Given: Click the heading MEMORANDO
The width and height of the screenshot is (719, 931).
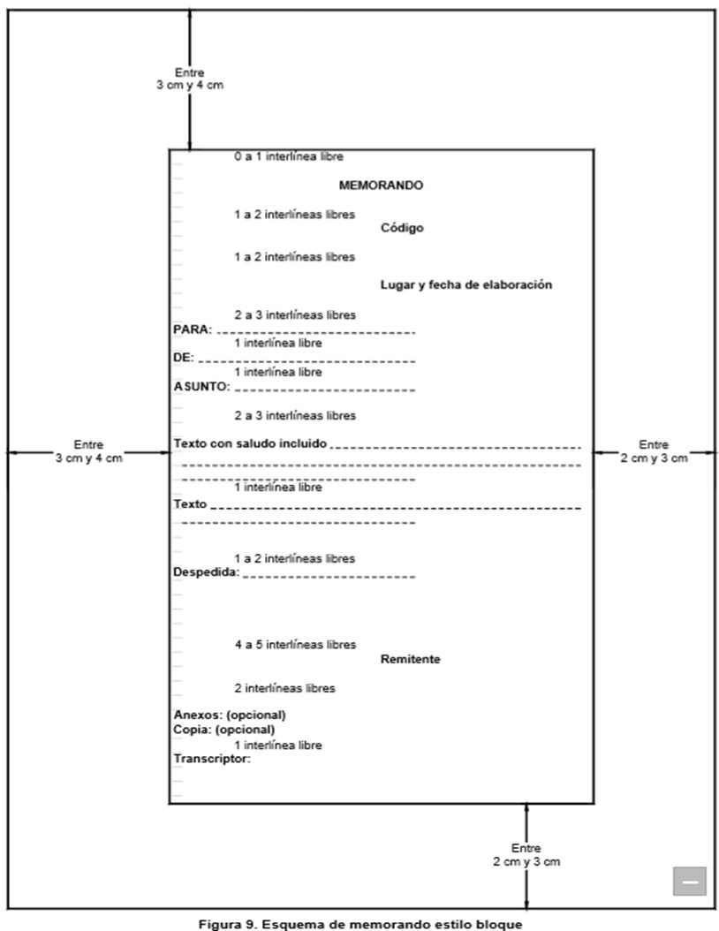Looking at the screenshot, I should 382,185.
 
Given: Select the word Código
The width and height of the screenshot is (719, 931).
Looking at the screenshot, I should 402,228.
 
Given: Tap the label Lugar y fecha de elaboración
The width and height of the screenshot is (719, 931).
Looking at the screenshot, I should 465,284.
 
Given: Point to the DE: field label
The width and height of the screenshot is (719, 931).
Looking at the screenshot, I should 183,359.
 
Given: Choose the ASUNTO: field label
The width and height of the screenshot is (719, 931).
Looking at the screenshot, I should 202,387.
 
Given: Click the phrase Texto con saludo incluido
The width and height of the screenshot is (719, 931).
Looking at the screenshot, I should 251,443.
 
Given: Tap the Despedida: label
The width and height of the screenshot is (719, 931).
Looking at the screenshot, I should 207,572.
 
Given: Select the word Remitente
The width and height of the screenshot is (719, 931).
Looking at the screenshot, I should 411,659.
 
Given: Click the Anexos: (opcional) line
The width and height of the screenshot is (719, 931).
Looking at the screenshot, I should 230,715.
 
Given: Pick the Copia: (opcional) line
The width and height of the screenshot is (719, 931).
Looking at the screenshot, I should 224,730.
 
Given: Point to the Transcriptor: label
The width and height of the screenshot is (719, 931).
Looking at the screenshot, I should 212,758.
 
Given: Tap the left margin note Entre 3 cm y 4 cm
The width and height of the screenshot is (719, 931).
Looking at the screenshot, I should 88,450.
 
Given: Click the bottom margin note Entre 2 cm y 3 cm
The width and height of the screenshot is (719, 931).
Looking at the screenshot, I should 526,853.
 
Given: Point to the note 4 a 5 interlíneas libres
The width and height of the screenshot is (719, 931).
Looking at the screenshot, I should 295,645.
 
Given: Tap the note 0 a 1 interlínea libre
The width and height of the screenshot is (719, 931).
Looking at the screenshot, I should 289,156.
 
